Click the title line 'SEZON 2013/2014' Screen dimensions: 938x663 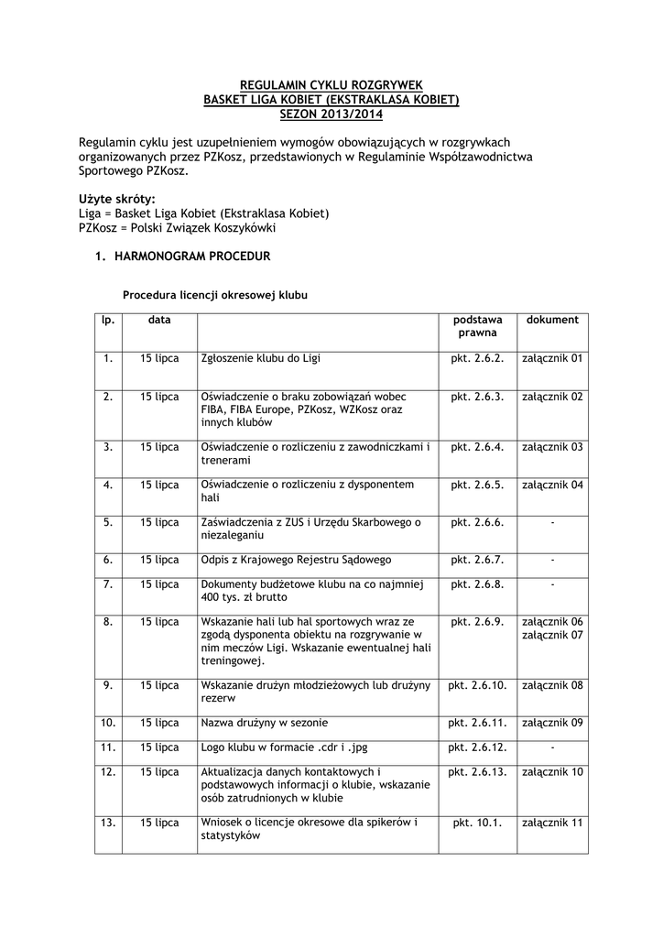tap(331, 115)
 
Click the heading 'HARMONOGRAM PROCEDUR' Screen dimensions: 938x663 tap(192, 256)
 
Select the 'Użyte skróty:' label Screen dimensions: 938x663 tap(117, 199)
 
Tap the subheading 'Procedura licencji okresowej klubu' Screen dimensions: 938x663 tap(215, 296)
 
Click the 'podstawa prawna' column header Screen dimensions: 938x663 tap(477, 326)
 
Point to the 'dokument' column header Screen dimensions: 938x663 tap(552, 320)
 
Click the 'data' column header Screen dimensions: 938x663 tap(159, 320)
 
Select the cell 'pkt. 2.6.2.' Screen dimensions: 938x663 tap(477, 358)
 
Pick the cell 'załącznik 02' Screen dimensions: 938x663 tap(552, 397)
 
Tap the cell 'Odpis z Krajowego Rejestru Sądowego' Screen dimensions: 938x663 tap(296, 559)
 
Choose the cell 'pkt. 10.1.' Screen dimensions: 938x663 tap(477, 823)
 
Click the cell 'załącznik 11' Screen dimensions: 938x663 tap(552, 823)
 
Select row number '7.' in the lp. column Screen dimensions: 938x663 tap(108, 583)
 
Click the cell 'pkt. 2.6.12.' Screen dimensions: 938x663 tap(477, 747)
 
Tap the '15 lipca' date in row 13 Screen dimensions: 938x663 tap(159, 823)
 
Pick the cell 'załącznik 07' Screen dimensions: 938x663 tap(552, 635)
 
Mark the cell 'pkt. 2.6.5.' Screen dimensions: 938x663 tap(477, 484)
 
